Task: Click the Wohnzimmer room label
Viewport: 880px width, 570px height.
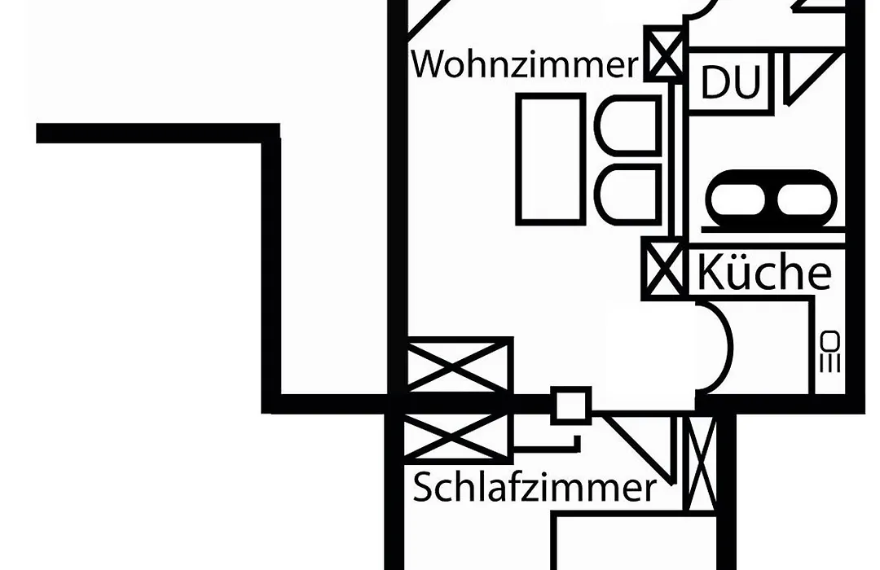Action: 525,64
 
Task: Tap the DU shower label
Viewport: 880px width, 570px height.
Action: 731,82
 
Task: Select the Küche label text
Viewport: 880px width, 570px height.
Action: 763,272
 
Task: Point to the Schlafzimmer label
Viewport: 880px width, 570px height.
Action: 535,487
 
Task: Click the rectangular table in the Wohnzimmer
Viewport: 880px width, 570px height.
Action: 551,160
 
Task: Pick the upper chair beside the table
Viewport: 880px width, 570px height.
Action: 628,125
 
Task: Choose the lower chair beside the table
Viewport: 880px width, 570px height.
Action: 628,195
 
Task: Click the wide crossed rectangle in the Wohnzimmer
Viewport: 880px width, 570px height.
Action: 458,366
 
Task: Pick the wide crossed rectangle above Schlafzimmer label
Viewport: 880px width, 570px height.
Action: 458,437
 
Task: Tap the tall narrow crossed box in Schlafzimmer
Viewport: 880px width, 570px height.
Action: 702,463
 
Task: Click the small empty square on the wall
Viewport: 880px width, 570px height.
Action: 570,405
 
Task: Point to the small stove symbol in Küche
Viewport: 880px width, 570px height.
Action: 830,352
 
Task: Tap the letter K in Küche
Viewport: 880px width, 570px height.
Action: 711,272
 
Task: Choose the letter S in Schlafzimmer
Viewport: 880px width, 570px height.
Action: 424,488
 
